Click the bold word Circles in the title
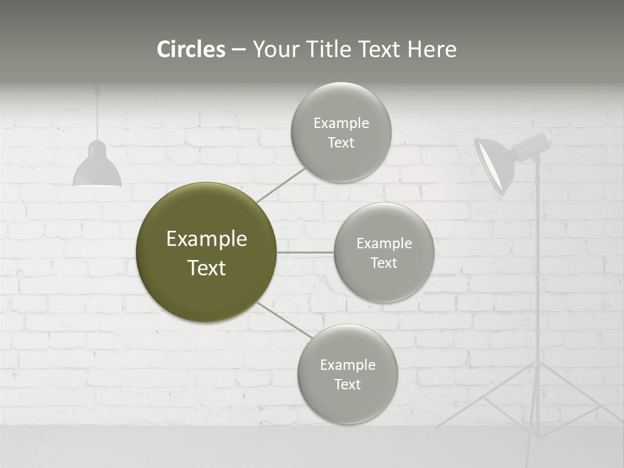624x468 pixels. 190,49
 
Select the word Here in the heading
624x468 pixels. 432,49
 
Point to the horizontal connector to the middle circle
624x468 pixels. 305,252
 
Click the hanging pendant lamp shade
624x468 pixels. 97,170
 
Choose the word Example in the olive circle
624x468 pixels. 206,239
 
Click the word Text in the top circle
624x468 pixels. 341,143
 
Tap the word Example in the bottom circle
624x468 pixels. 347,365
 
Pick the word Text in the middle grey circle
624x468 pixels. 383,263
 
